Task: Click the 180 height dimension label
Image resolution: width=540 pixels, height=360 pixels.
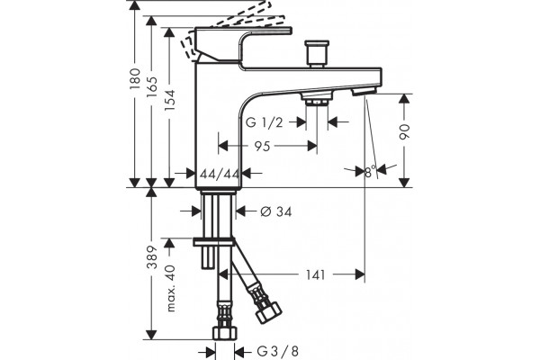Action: point(135,79)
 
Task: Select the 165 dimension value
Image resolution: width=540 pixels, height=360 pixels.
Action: point(151,86)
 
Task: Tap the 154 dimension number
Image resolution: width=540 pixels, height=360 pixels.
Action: point(169,100)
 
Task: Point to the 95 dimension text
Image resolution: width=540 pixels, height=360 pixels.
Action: point(262,146)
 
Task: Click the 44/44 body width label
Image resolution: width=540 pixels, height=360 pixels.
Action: point(220,174)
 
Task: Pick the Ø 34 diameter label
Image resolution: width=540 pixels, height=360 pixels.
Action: point(276,211)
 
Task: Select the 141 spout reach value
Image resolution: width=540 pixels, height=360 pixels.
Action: point(316,274)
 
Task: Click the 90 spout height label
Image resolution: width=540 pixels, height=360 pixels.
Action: point(405,131)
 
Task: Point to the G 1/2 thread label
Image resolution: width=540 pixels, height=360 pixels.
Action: point(264,122)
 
